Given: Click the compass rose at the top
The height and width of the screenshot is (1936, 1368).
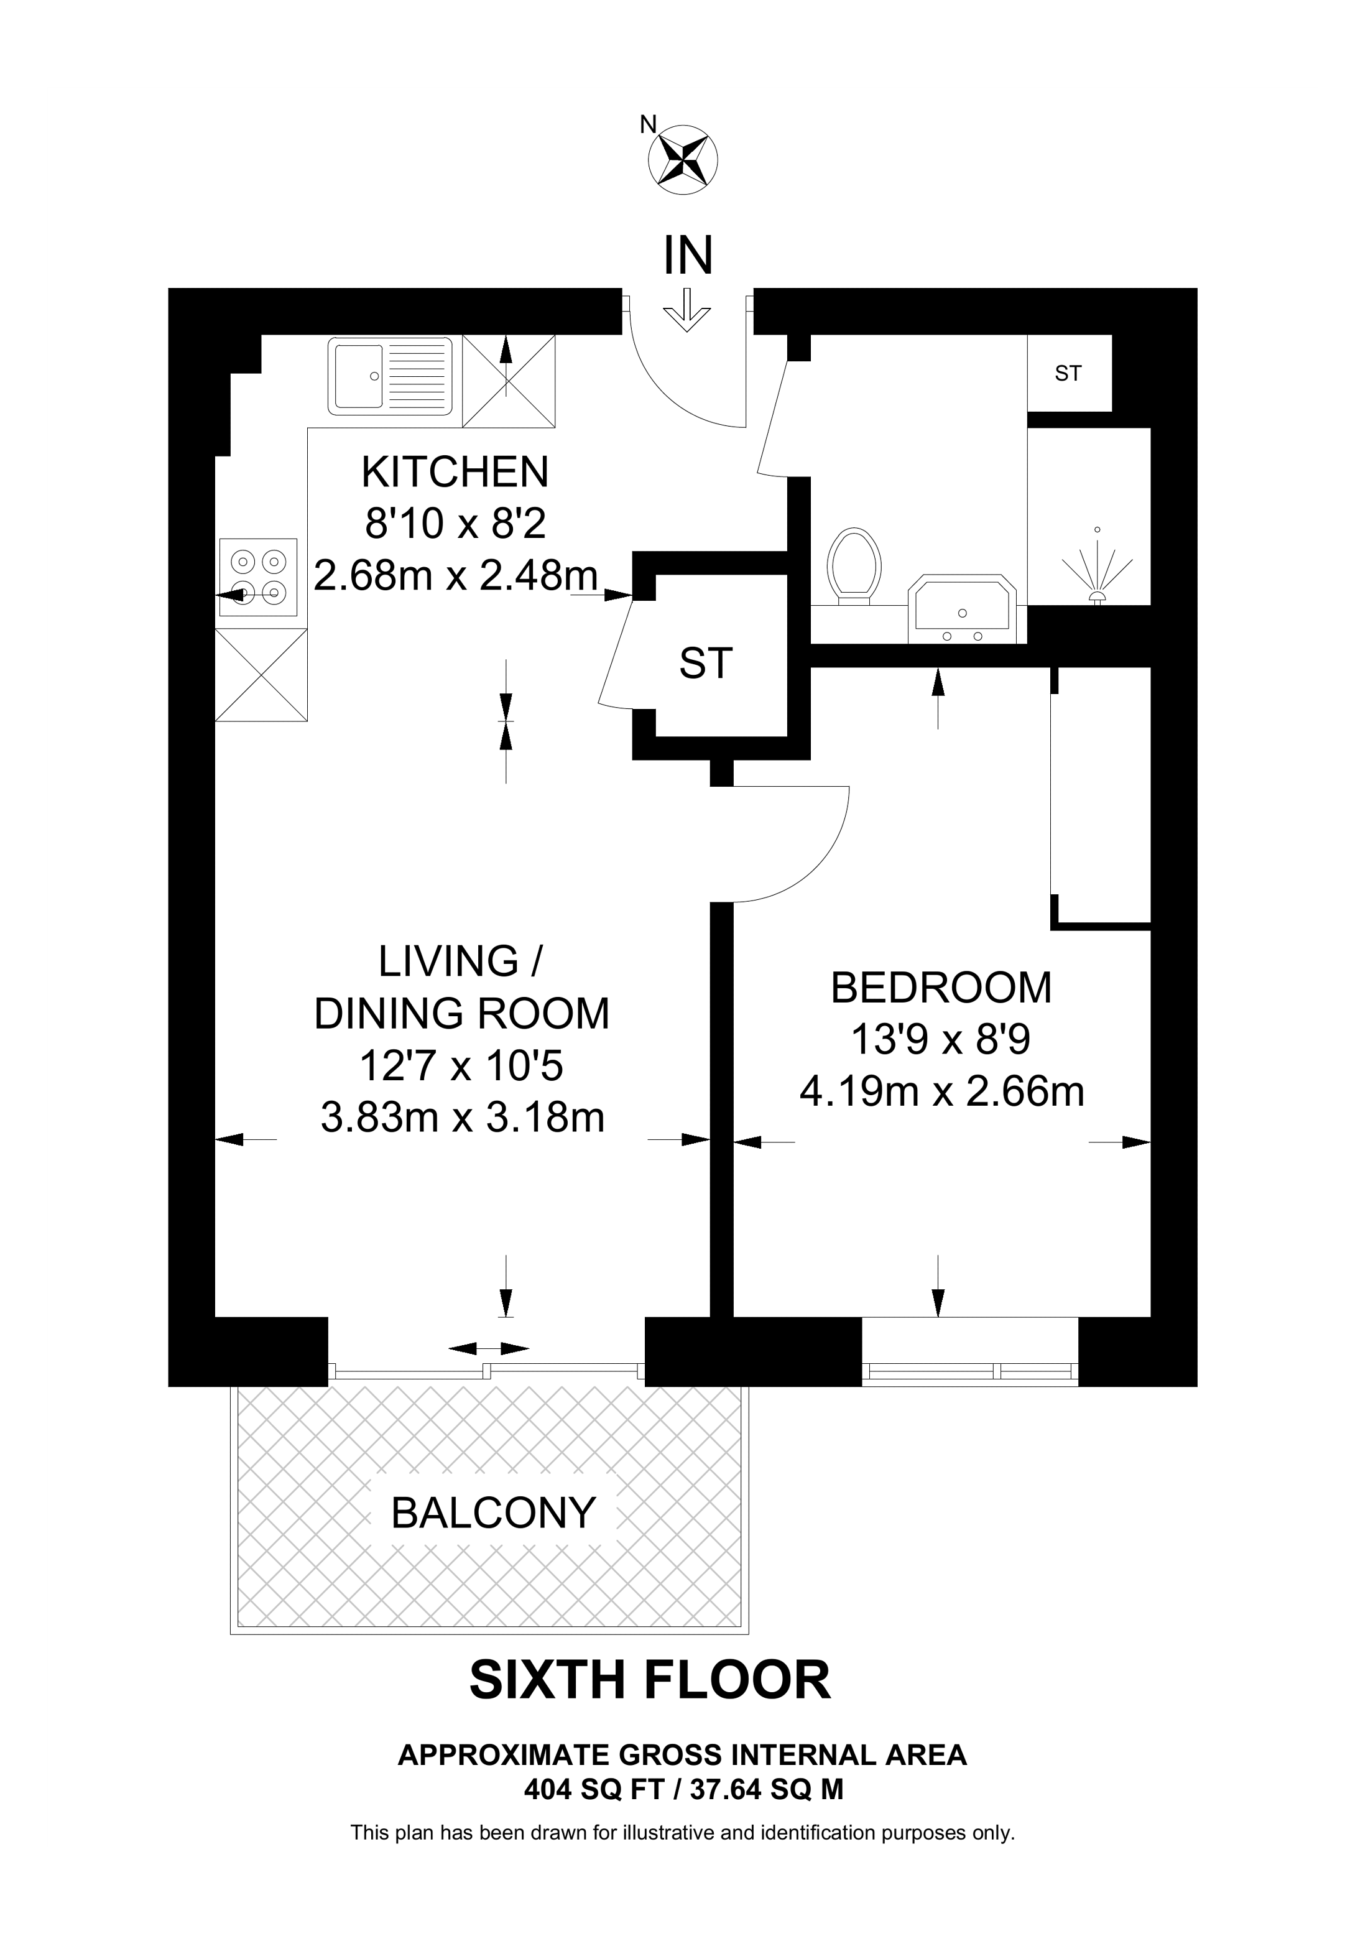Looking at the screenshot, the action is [682, 158].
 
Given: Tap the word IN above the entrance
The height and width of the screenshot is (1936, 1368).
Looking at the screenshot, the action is [688, 256].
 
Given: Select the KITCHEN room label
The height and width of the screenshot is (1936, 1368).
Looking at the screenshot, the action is [455, 471].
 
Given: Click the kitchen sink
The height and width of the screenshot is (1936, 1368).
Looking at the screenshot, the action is [391, 376].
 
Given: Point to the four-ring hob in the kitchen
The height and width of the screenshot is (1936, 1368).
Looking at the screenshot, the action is [259, 576].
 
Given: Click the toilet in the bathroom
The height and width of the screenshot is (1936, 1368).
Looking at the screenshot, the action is [854, 567].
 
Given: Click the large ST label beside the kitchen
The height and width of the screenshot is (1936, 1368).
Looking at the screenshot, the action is [706, 664].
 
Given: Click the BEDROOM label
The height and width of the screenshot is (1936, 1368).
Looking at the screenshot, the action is [941, 988].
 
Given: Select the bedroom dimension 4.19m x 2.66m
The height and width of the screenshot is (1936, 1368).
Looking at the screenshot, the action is [941, 1092].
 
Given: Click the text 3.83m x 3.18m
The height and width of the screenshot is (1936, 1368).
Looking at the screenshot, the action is [463, 1118].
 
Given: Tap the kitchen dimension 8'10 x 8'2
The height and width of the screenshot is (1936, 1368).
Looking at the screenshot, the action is [455, 524].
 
